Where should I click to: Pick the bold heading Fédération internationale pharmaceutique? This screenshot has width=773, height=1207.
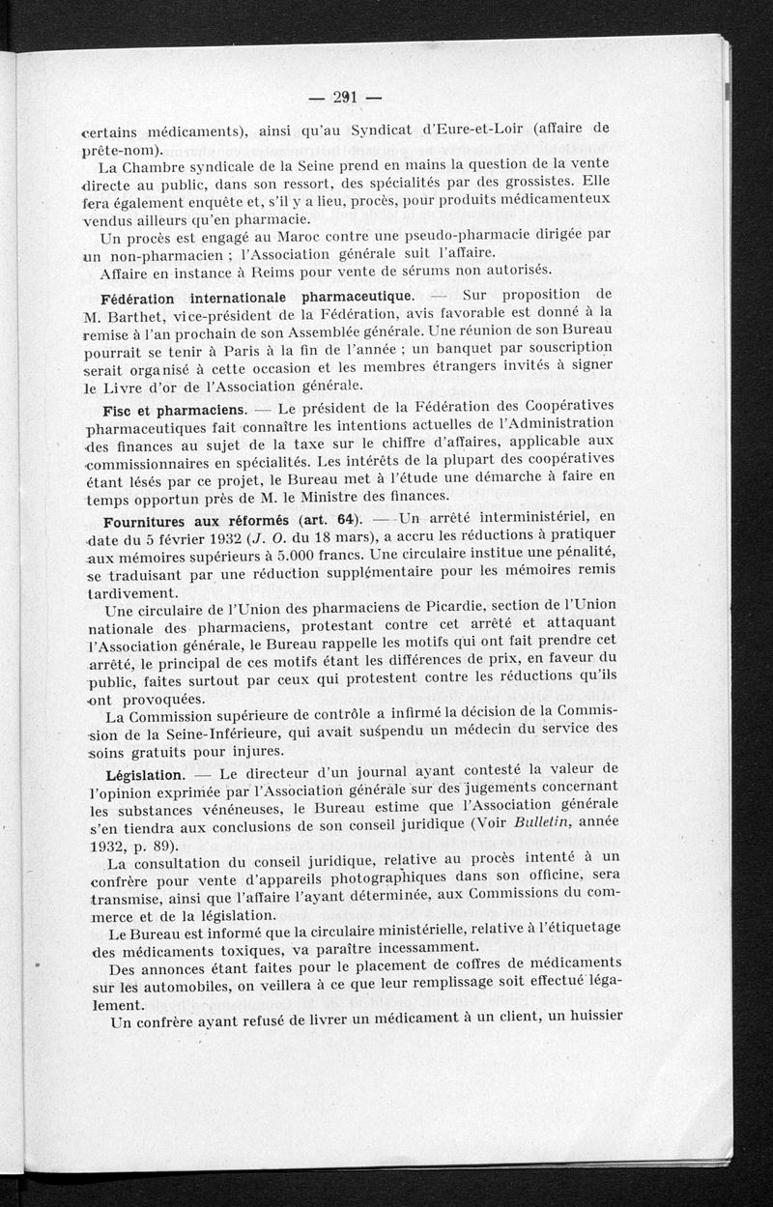pos(258,295)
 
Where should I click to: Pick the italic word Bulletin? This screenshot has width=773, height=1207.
pos(538,823)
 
